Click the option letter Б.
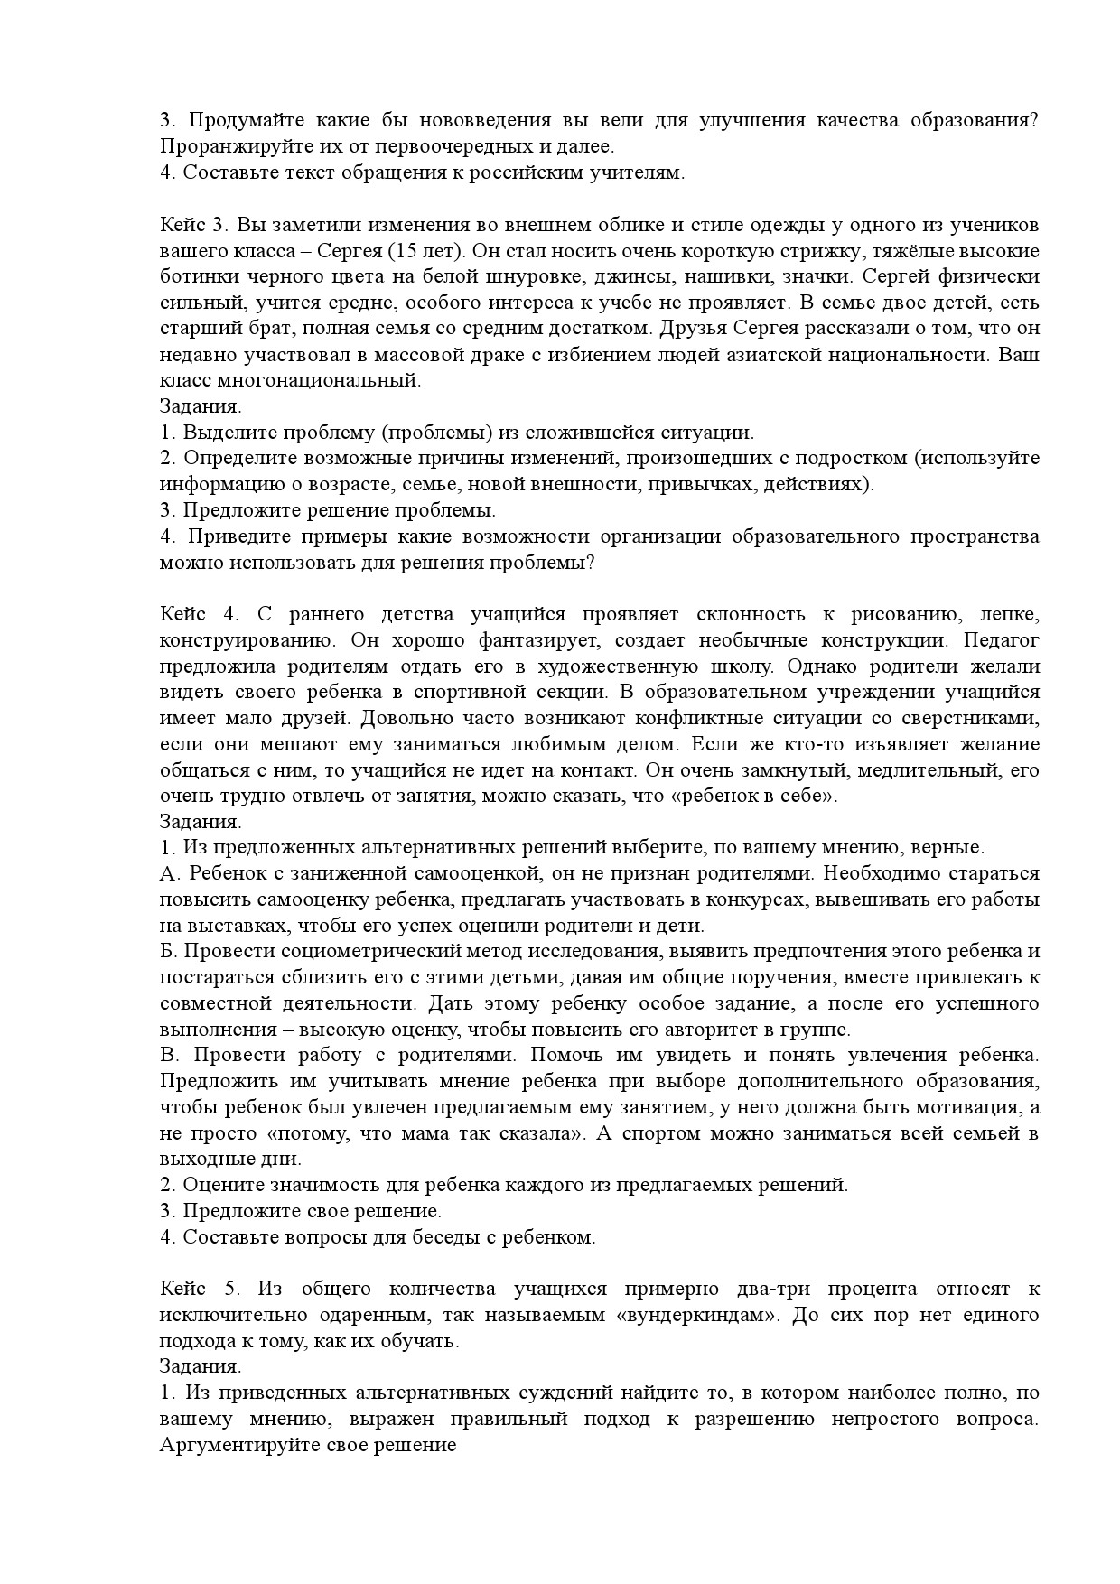[x=166, y=952]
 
